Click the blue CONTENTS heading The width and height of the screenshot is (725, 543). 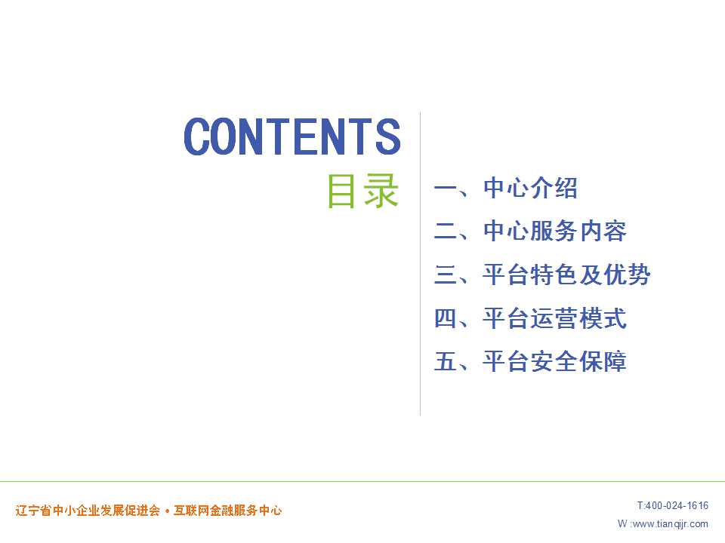coord(292,137)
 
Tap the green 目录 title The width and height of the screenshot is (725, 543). coord(363,191)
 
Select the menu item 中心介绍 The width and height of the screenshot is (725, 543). coord(530,188)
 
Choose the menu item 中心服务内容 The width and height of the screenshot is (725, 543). coord(555,231)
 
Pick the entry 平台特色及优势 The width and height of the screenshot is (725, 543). coord(566,275)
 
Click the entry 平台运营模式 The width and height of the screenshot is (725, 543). coord(555,318)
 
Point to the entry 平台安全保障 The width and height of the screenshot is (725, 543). coord(555,361)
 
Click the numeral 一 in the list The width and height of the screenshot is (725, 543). coord(446,188)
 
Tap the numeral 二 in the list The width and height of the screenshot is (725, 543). coord(446,231)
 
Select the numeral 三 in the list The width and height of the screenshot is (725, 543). coord(446,275)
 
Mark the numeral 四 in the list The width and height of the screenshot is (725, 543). coord(446,318)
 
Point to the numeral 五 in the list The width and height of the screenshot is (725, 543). coord(446,361)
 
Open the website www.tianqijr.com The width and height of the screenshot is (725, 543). coord(670,524)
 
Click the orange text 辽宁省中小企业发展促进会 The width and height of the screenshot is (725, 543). coord(88,511)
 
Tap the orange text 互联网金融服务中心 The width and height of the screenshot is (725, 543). coord(227,511)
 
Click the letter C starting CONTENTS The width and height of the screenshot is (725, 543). coord(197,137)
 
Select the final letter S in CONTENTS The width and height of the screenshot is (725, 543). coord(388,137)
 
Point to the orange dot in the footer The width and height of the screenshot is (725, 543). coord(167,511)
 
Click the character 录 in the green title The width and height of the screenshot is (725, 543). coord(381,191)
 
